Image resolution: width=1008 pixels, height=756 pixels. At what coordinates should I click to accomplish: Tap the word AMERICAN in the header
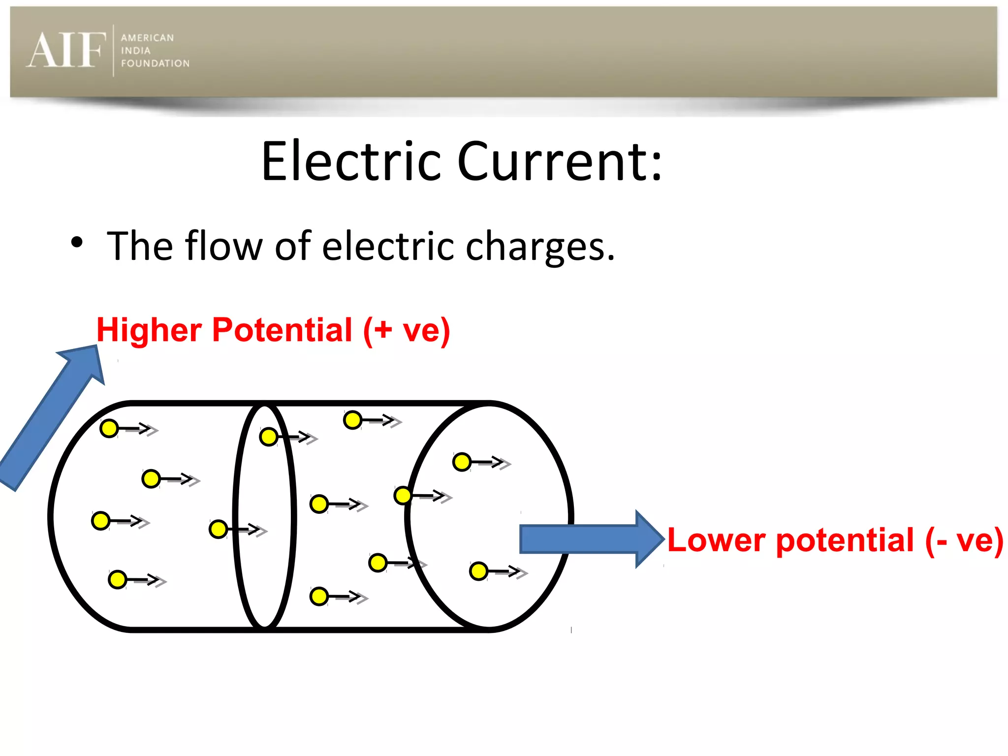147,38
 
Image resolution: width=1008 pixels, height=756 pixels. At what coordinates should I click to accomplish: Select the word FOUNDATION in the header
155,63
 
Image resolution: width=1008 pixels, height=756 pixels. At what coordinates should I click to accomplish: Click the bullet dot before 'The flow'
77,242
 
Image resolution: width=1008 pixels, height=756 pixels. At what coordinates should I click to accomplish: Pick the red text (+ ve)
407,331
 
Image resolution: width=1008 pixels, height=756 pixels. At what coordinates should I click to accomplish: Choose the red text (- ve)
964,540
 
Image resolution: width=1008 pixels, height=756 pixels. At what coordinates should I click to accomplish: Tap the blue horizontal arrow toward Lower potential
591,539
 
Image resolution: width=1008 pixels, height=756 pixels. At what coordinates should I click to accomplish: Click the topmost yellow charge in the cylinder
353,420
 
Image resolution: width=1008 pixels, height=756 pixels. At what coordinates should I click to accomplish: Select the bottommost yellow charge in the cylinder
319,597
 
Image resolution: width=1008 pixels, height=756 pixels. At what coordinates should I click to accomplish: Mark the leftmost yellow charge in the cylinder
101,521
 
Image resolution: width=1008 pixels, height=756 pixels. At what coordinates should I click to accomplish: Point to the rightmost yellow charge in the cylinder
478,571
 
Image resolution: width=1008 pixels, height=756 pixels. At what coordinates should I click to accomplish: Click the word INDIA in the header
135,51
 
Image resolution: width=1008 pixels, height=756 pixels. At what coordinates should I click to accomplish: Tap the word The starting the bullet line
140,246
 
